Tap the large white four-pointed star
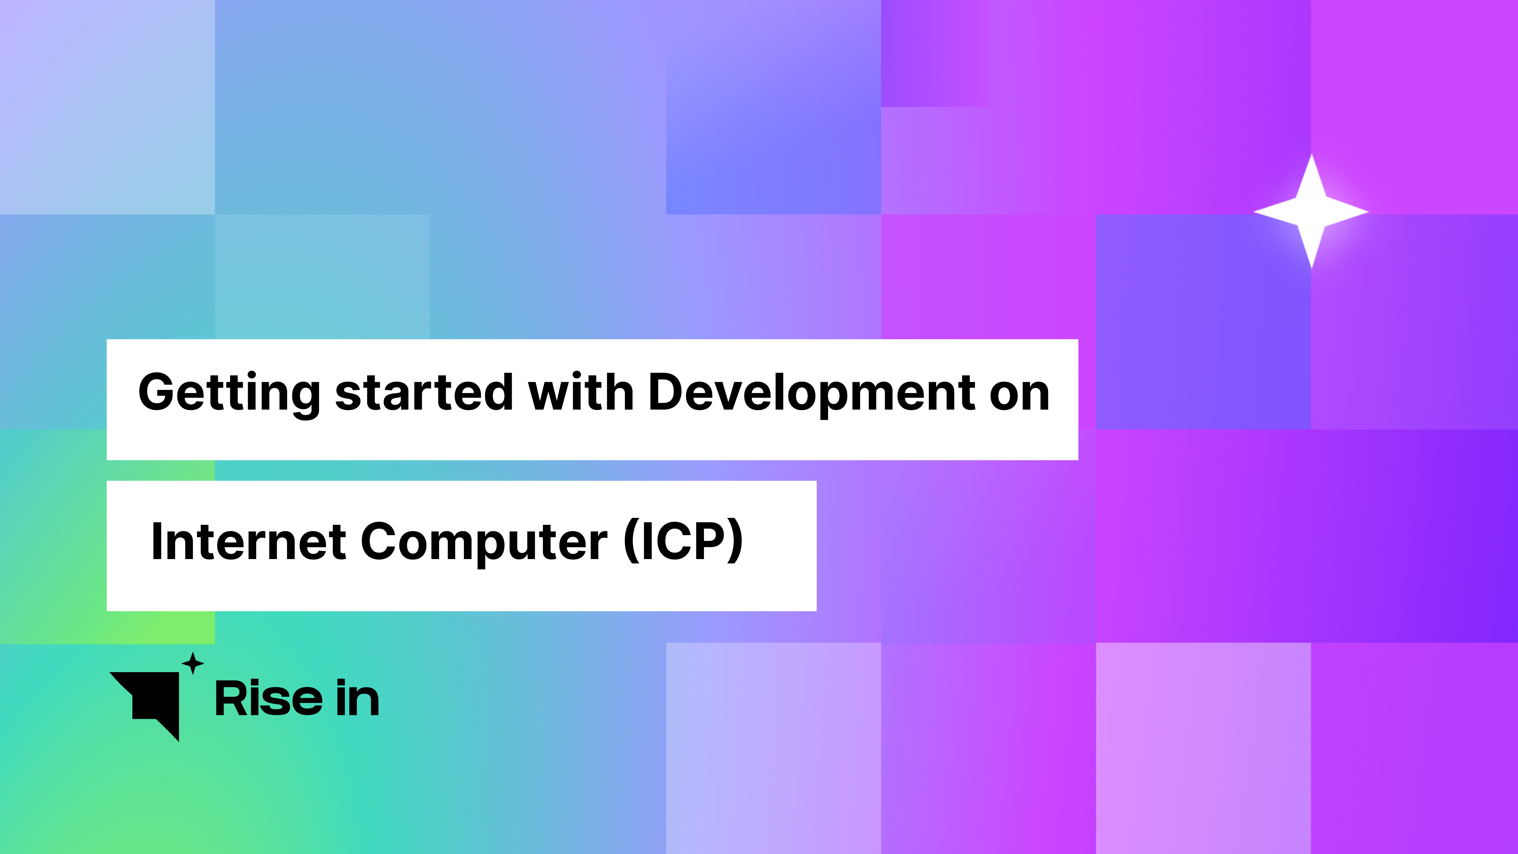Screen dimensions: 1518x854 click(1311, 211)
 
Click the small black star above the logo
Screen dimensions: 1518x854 click(193, 664)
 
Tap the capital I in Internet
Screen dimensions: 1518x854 click(157, 541)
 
